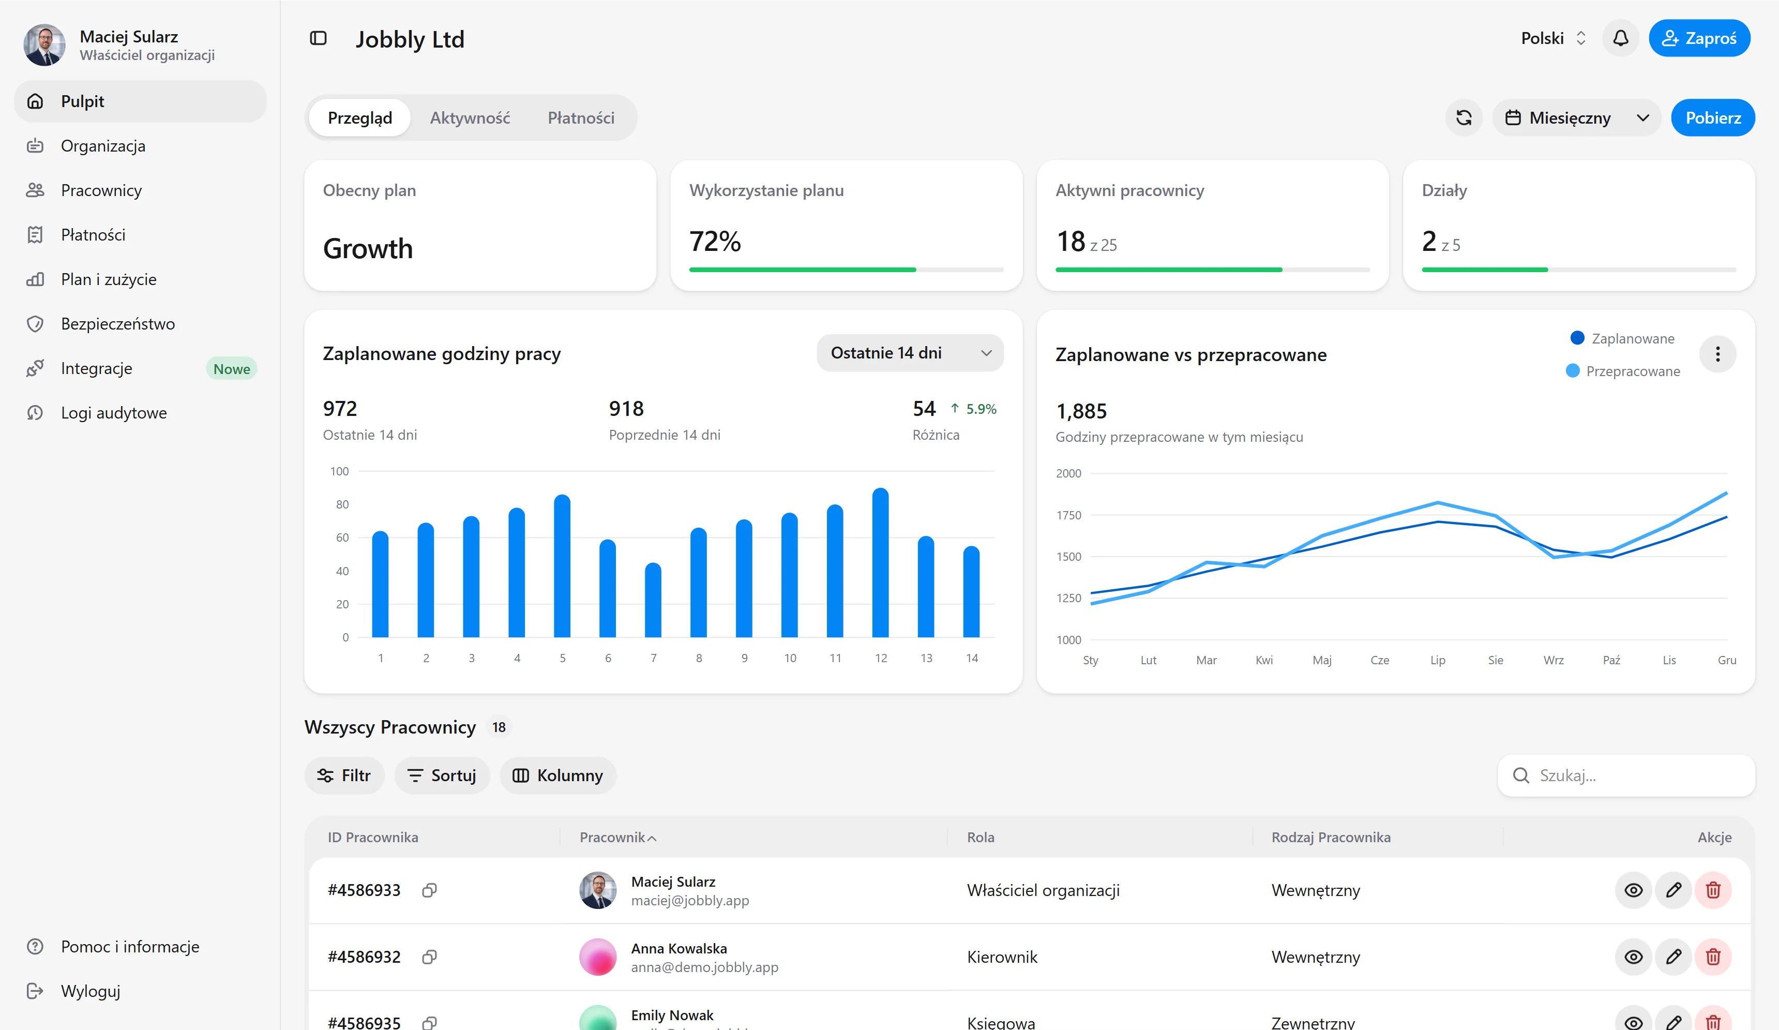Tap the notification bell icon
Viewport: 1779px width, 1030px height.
click(x=1620, y=38)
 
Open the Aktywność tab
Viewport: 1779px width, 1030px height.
click(x=470, y=118)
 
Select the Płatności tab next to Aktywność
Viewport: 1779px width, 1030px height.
click(x=581, y=118)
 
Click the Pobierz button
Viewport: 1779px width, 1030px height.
click(x=1713, y=118)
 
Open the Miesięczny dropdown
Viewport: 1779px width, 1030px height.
click(x=1576, y=118)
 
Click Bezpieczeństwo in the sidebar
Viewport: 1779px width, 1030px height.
click(x=118, y=324)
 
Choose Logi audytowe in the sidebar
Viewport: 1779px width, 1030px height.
click(x=114, y=413)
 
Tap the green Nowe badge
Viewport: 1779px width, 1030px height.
click(x=232, y=368)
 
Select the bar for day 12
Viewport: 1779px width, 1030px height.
click(x=880, y=563)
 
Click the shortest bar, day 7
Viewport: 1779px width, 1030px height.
click(x=653, y=600)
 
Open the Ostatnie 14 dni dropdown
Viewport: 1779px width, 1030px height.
click(x=910, y=353)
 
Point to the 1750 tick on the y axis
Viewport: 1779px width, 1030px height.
click(x=1068, y=515)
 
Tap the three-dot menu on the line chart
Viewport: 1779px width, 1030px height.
click(x=1717, y=354)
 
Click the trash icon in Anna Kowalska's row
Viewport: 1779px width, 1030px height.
click(x=1713, y=957)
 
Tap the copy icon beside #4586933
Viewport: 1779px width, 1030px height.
click(x=429, y=890)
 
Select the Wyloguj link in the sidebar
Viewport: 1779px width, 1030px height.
click(x=91, y=991)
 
